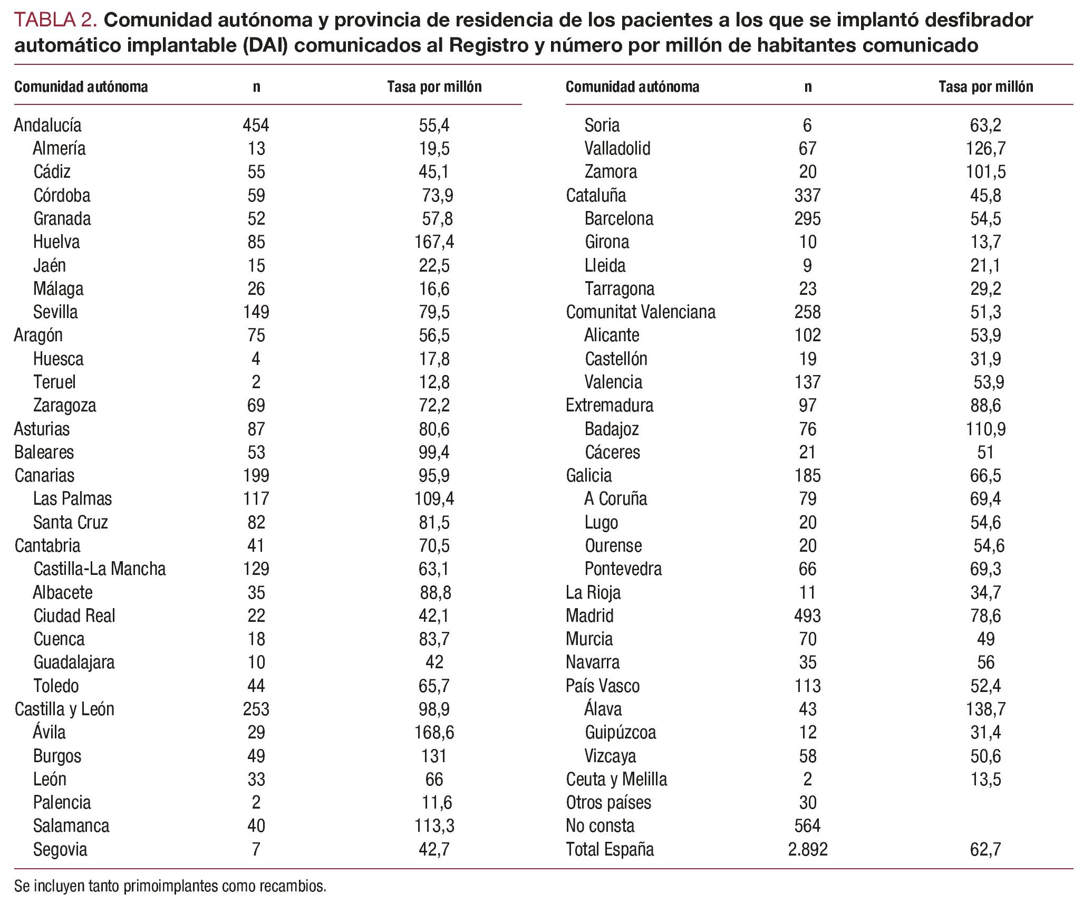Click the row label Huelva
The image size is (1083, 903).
point(56,242)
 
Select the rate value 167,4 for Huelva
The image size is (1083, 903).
point(434,242)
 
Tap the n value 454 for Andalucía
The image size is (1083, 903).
point(256,126)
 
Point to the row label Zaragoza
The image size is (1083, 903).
point(64,406)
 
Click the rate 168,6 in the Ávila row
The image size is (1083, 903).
point(434,733)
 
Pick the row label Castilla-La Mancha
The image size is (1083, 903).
point(99,569)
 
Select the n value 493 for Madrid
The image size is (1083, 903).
point(807,616)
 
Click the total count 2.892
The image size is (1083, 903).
point(807,849)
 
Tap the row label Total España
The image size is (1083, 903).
point(610,849)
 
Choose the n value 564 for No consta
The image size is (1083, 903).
point(807,826)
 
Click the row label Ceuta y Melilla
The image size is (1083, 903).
point(616,780)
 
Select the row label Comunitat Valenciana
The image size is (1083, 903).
point(641,312)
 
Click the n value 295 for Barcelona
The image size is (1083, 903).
point(807,219)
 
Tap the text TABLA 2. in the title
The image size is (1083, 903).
point(55,21)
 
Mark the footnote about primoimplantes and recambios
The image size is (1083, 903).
point(170,886)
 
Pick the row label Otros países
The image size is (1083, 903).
point(608,803)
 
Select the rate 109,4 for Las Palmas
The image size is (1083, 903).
point(434,499)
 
